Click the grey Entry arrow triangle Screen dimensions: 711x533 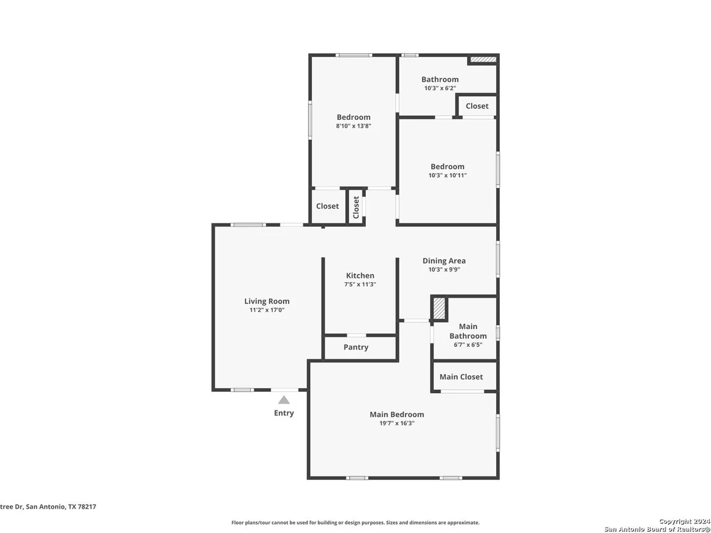(x=284, y=400)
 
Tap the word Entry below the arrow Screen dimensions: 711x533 (x=284, y=413)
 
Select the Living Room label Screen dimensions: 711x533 (x=267, y=301)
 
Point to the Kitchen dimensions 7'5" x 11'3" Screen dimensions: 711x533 (x=361, y=285)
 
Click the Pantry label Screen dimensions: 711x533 (x=356, y=347)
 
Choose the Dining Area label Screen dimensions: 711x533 (x=444, y=260)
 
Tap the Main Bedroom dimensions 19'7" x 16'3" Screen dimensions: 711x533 (x=397, y=423)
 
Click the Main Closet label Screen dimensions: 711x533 (x=461, y=376)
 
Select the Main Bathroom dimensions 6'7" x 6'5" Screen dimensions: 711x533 (x=468, y=344)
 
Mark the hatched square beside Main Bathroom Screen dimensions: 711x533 (x=439, y=309)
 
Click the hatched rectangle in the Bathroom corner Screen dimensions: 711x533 (x=483, y=60)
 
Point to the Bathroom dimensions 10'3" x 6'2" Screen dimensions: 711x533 (x=440, y=89)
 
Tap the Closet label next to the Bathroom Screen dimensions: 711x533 (x=477, y=106)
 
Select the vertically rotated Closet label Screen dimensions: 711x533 (x=356, y=207)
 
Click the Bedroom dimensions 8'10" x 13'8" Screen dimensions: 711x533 (x=354, y=126)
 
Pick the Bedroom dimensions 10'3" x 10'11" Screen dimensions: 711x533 (x=447, y=175)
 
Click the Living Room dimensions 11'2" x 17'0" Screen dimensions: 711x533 (x=267, y=310)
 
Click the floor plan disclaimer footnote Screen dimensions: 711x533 (x=355, y=523)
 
